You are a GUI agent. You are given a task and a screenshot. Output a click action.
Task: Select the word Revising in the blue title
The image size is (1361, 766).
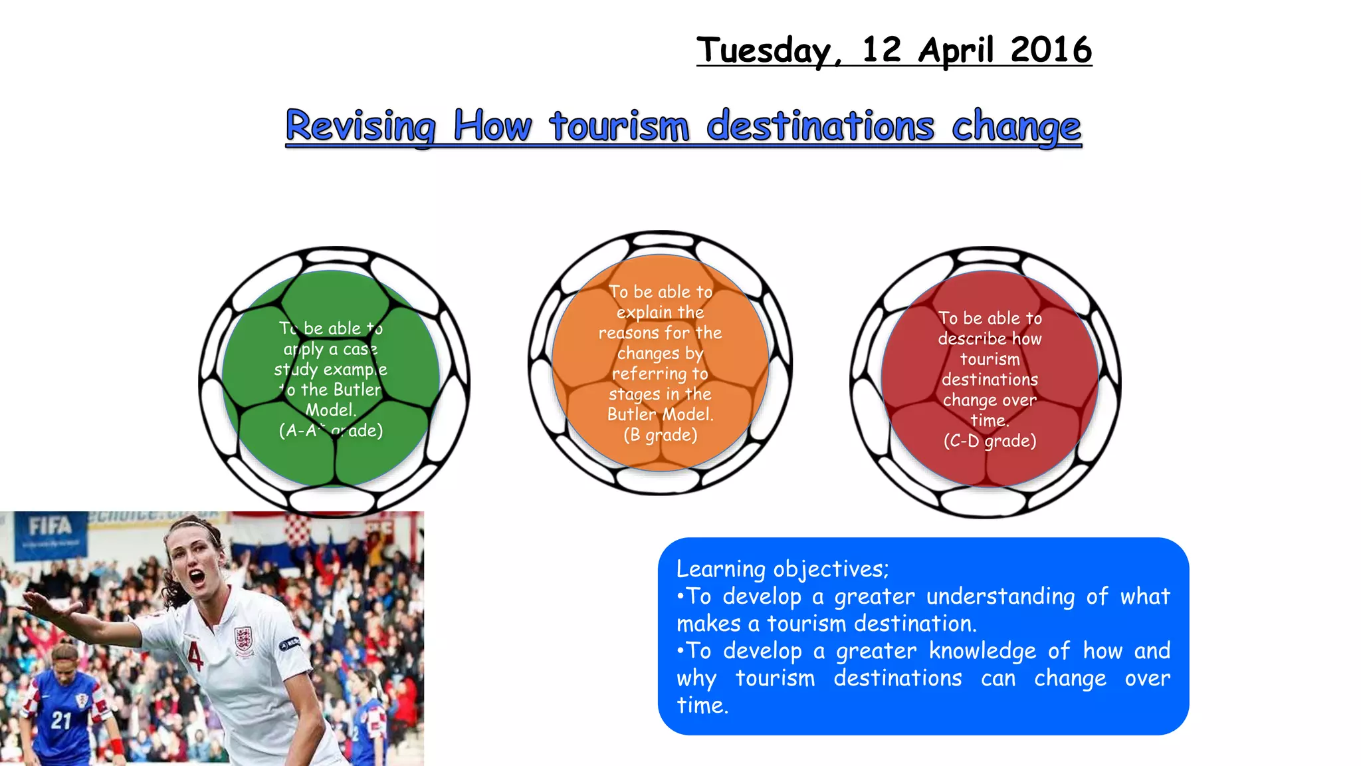pos(361,126)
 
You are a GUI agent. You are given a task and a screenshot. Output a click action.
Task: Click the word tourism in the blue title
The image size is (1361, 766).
pos(619,126)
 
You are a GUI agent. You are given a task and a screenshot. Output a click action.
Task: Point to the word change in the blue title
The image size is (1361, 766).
pos(1016,126)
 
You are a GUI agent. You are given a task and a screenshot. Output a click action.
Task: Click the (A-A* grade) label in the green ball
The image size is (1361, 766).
pos(331,431)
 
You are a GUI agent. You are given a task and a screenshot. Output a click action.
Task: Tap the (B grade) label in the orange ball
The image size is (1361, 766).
pos(661,435)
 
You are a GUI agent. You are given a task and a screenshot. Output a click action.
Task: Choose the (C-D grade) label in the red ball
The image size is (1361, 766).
pos(990,441)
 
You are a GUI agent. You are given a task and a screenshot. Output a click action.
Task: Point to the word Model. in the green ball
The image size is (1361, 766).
pos(331,410)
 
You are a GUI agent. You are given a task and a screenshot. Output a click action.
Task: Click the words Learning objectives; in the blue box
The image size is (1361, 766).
pos(782,569)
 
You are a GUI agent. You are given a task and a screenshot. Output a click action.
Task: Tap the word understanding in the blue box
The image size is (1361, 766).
pos(1000,596)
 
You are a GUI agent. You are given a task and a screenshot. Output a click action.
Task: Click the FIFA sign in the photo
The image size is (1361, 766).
pos(50,527)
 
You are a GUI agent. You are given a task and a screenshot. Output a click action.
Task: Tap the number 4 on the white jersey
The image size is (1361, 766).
pos(194,654)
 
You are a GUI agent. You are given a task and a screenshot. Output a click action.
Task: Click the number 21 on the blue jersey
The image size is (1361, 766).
pos(61,720)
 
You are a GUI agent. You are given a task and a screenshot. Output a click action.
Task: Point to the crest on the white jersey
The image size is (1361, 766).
pos(243,638)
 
